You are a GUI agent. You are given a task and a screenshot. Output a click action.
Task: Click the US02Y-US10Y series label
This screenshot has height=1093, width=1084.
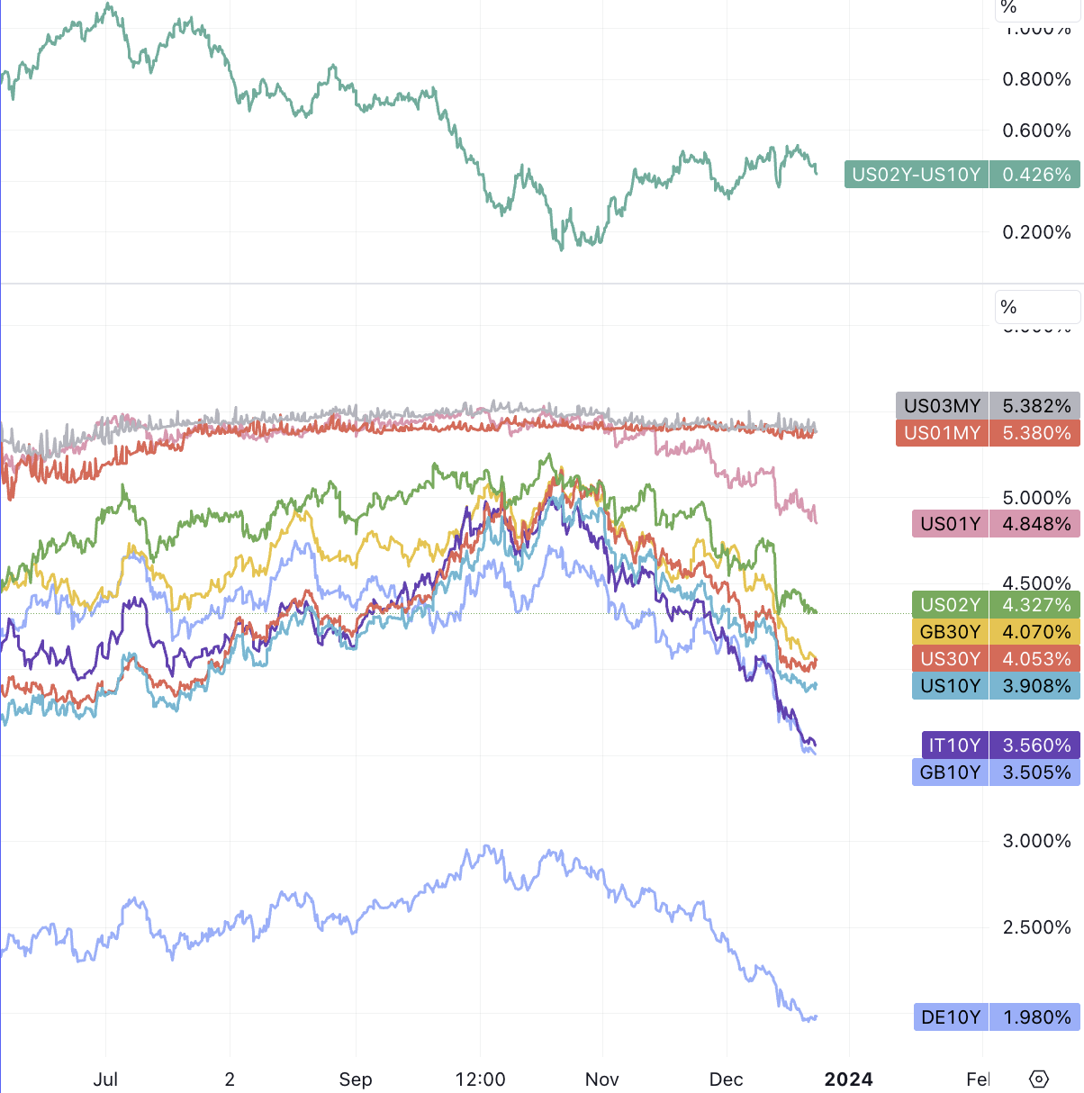(x=916, y=175)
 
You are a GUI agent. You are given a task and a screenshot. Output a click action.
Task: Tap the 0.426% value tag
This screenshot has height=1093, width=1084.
(x=1035, y=175)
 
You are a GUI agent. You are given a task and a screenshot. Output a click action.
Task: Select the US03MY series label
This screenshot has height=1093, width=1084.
(x=942, y=406)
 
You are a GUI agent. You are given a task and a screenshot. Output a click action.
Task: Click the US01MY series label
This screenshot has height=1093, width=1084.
(x=942, y=433)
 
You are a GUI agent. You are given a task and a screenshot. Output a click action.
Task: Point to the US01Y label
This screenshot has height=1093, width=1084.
(x=950, y=524)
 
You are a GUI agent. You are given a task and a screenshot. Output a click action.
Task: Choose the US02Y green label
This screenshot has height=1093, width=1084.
(x=950, y=605)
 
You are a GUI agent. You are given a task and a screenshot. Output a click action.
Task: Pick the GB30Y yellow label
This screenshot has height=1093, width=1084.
(x=950, y=632)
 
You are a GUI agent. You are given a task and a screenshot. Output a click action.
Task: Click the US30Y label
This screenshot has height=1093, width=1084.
(x=950, y=659)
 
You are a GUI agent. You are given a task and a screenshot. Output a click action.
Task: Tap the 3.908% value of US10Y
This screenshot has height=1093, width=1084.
(x=1035, y=686)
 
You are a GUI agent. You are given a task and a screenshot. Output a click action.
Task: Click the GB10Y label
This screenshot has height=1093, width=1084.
(x=950, y=772)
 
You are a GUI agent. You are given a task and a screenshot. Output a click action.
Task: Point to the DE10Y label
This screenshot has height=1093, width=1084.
(x=951, y=1017)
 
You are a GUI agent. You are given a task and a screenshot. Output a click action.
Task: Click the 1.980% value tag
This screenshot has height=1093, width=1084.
(x=1035, y=1017)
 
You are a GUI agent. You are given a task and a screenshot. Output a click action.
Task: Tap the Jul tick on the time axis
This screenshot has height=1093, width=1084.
(x=105, y=1079)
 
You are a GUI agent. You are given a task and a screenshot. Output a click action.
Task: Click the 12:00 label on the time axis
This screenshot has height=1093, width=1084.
(x=480, y=1079)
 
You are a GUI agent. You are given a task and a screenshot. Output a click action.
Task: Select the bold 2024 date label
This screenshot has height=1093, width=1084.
(x=848, y=1079)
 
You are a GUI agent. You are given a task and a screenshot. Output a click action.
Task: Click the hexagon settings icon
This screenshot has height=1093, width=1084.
(x=1038, y=1079)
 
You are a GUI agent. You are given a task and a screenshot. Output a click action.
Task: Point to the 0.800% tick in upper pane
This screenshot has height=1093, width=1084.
(x=1036, y=79)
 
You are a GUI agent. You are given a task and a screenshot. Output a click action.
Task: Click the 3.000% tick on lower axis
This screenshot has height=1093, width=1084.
(x=1036, y=841)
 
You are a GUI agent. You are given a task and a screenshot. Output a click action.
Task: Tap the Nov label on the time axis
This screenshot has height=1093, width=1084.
(x=601, y=1079)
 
